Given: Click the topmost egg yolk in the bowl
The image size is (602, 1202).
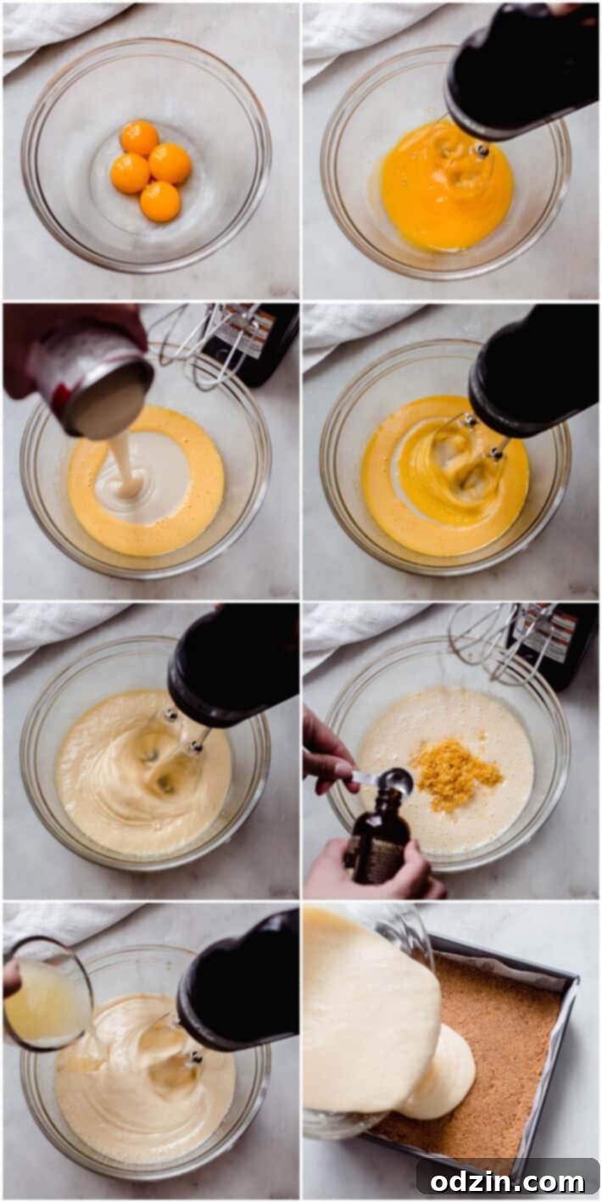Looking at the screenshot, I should [x=140, y=137].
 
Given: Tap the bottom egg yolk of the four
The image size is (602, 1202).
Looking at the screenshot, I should [x=160, y=201].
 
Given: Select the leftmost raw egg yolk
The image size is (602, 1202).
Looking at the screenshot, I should [x=130, y=173].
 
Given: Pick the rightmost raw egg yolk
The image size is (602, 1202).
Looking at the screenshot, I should [x=170, y=163].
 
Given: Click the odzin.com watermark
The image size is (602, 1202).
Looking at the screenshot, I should [x=507, y=1179].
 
